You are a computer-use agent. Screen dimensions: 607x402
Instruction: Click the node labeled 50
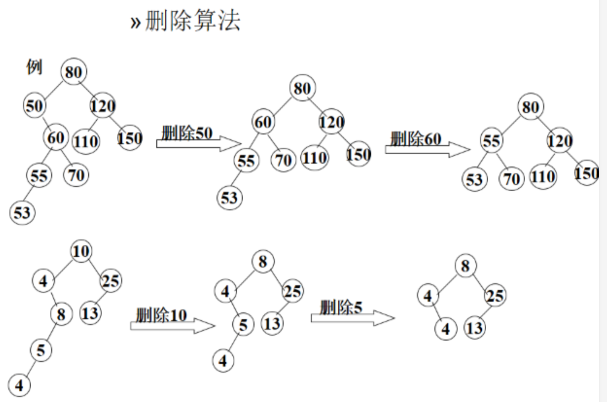(x=34, y=106)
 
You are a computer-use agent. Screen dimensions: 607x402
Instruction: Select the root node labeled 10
(x=81, y=251)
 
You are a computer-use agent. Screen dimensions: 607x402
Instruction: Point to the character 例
(x=34, y=67)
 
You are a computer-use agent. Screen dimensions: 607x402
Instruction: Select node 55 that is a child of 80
(x=491, y=141)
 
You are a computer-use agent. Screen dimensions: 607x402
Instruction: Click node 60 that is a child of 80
(x=263, y=122)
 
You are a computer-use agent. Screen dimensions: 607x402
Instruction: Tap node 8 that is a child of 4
(x=61, y=314)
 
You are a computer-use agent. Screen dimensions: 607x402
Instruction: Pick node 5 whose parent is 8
(x=41, y=350)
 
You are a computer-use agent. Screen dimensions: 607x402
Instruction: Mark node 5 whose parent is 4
(x=243, y=325)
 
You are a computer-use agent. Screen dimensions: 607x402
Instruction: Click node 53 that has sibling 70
(x=474, y=180)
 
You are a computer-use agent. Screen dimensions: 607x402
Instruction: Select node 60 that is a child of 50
(x=56, y=138)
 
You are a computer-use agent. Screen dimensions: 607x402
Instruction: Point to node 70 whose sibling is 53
(x=511, y=179)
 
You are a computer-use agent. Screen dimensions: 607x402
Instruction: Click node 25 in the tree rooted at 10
(x=111, y=281)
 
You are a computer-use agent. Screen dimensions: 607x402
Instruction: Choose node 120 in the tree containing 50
(x=102, y=106)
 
